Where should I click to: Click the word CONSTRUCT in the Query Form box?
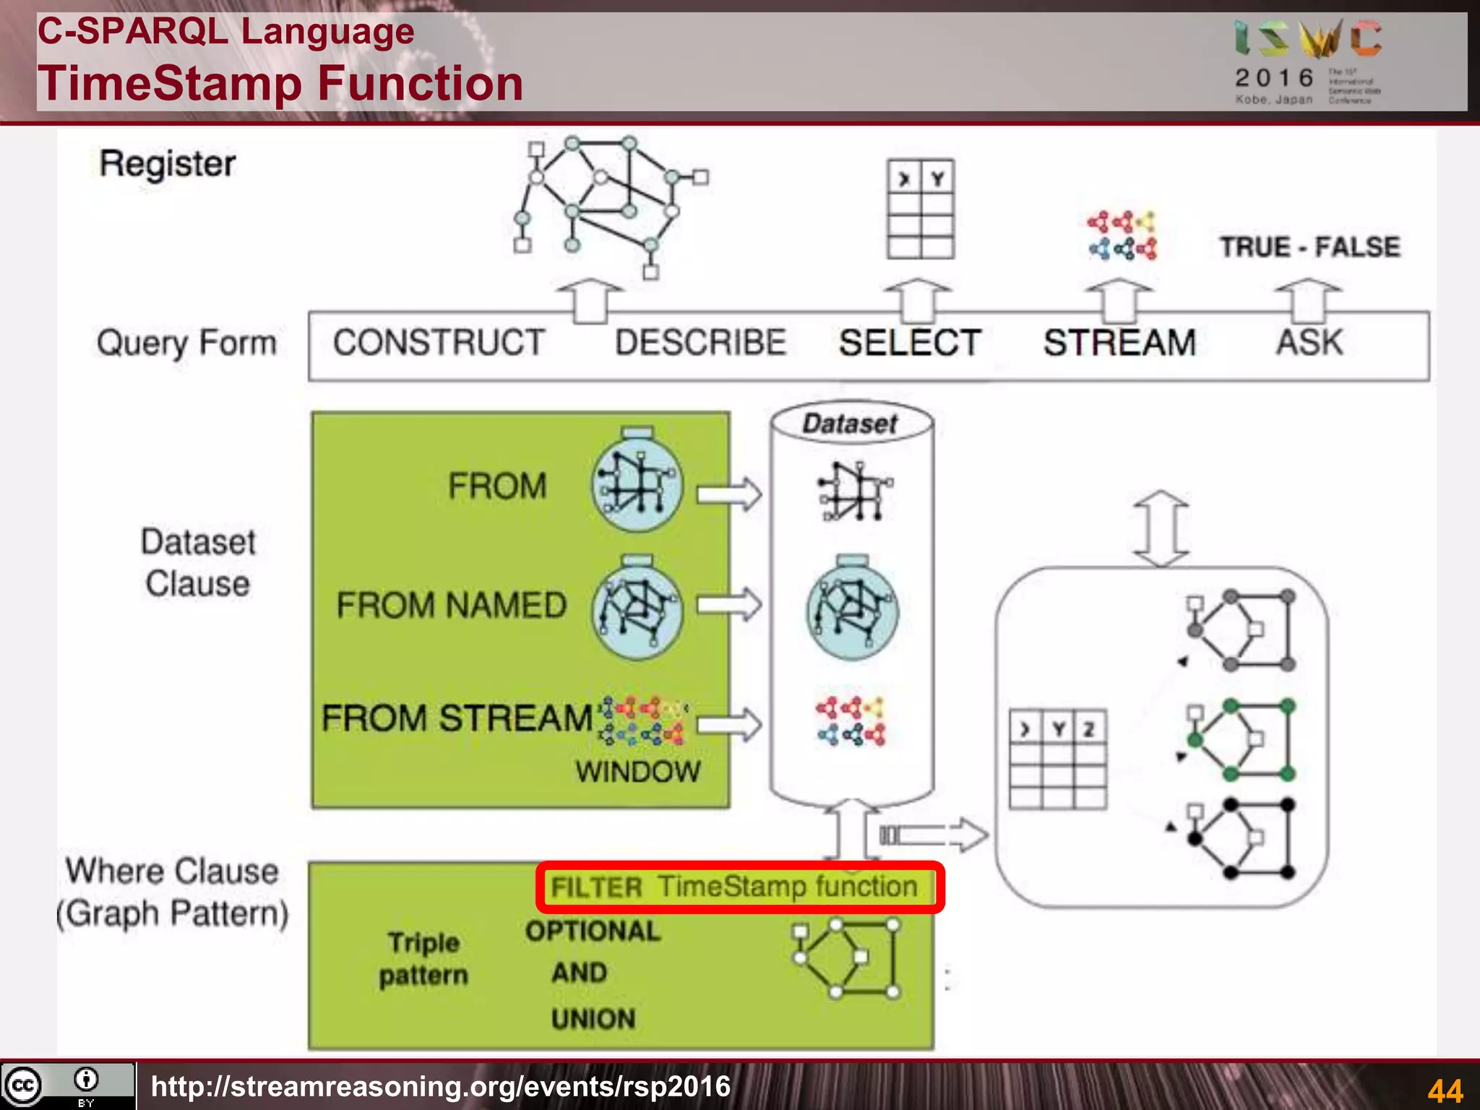pyautogui.click(x=439, y=343)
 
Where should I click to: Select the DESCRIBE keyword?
pyautogui.click(x=700, y=343)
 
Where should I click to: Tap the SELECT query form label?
pyautogui.click(x=910, y=343)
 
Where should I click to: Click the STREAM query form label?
pyautogui.click(x=1119, y=343)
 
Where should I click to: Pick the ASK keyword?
pyautogui.click(x=1309, y=343)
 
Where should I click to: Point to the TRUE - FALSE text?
pyautogui.click(x=1309, y=247)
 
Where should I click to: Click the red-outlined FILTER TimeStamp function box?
pyautogui.click(x=739, y=887)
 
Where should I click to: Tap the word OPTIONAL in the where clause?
pyautogui.click(x=593, y=932)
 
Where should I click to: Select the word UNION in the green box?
pyautogui.click(x=593, y=1019)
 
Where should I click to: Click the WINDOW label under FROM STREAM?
pyautogui.click(x=638, y=772)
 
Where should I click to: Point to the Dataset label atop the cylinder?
pyautogui.click(x=851, y=423)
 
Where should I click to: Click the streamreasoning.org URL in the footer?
pyautogui.click(x=441, y=1086)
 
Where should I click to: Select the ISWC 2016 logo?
pyautogui.click(x=1308, y=61)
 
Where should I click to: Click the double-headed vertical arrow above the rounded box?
pyautogui.click(x=1161, y=529)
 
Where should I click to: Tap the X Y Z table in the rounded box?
pyautogui.click(x=1058, y=759)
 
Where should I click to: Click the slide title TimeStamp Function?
pyautogui.click(x=280, y=83)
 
